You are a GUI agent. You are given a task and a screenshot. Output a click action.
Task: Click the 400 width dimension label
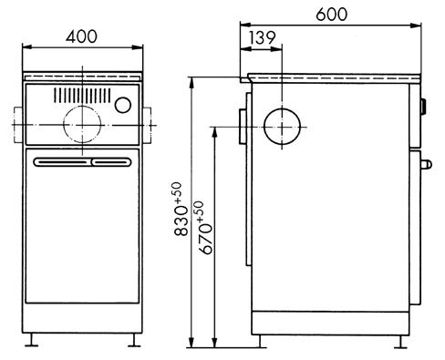point(81,36)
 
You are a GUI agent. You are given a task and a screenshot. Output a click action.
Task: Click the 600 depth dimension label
point(331,15)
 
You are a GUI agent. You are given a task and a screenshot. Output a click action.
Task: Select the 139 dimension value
point(262,37)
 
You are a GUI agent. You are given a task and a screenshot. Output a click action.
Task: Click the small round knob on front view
point(123,105)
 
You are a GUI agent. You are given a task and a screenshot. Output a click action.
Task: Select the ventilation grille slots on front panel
point(82,95)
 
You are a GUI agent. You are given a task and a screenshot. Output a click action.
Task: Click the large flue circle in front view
point(82,124)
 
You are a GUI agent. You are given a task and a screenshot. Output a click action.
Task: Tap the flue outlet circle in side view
point(282,127)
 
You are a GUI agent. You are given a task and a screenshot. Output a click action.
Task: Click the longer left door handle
point(63,162)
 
